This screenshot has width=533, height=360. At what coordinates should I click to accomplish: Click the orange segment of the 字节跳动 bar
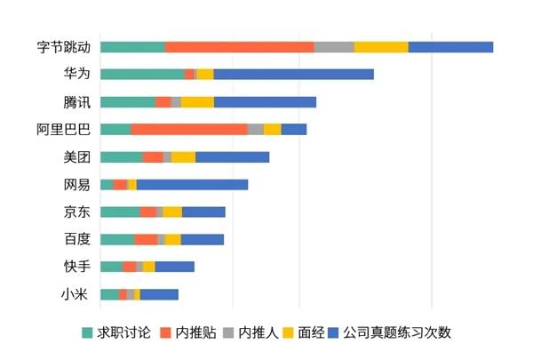tap(239, 47)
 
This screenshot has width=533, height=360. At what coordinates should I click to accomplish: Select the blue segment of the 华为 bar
tap(293, 75)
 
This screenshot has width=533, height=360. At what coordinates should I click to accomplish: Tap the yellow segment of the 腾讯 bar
tap(197, 102)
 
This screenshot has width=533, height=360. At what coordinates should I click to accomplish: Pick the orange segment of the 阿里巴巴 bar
tap(189, 130)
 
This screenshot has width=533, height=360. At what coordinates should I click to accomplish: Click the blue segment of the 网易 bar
tap(192, 185)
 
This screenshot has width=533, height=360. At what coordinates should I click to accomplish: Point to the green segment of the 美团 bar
tap(122, 157)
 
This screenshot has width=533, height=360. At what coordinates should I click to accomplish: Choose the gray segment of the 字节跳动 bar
tap(334, 47)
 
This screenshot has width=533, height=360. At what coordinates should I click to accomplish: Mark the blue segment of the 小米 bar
tap(159, 294)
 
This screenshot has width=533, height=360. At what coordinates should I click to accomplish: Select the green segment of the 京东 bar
tap(120, 212)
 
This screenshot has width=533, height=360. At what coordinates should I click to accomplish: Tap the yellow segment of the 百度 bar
tap(172, 240)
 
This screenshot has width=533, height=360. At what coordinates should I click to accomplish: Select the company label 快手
tap(76, 267)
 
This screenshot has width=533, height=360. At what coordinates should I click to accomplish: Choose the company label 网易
tap(76, 185)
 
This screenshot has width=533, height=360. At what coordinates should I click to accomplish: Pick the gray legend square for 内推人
tap(228, 333)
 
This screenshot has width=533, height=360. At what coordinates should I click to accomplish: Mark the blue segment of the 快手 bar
tap(174, 267)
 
